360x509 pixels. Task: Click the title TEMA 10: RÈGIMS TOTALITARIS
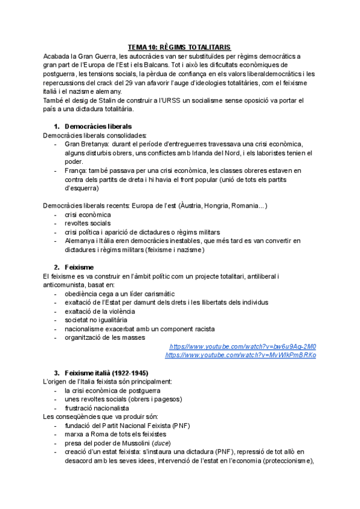[180, 47]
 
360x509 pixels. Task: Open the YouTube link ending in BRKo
[240, 355]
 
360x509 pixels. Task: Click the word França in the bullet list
[76, 170]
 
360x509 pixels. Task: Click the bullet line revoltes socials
[88, 223]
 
